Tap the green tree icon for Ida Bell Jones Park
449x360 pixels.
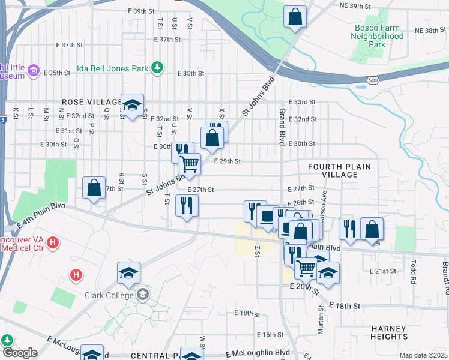157,67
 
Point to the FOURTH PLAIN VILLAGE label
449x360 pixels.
339,170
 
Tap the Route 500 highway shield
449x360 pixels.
373,80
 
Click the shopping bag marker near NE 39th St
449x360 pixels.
295,17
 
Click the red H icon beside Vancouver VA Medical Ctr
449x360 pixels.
53,243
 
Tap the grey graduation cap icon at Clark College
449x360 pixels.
143,294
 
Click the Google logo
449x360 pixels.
20,352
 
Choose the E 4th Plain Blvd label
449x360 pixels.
41,215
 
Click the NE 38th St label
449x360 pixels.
430,30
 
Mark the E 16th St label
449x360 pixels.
270,334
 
